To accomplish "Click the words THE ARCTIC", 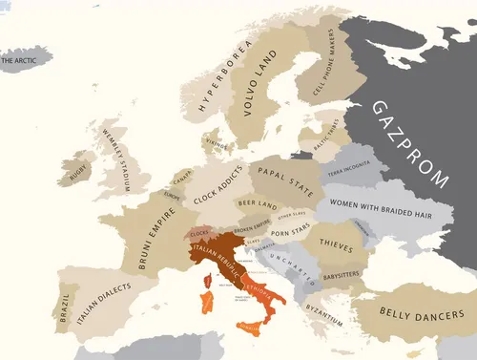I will pos(23,61).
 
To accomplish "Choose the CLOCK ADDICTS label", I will pos(217,186).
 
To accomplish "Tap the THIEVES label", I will pos(337,244).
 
